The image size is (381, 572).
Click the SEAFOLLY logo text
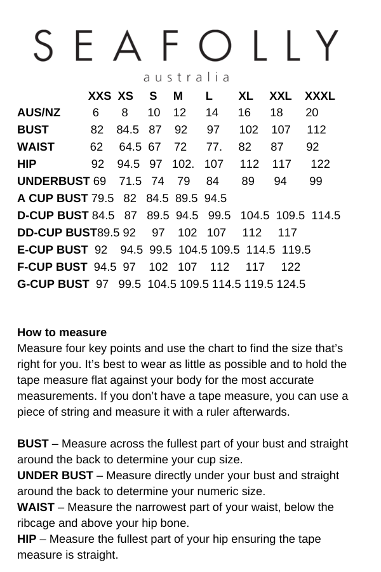pyautogui.click(x=186, y=46)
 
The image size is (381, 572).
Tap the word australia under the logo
pyautogui.click(x=186, y=78)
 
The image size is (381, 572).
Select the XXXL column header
pyautogui.click(x=320, y=97)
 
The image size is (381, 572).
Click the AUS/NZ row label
pyautogui.click(x=39, y=113)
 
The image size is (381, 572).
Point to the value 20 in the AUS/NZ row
pyautogui.click(x=312, y=113)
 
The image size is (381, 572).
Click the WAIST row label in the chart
pyautogui.click(x=36, y=147)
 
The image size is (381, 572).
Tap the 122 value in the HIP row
pyautogui.click(x=320, y=164)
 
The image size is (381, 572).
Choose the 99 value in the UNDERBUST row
pyautogui.click(x=316, y=181)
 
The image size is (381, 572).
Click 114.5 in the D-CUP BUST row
pyautogui.click(x=326, y=215)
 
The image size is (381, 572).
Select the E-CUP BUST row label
pyautogui.click(x=52, y=250)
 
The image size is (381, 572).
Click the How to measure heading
pyautogui.click(x=62, y=332)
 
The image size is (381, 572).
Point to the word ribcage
pyautogui.click(x=37, y=523)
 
